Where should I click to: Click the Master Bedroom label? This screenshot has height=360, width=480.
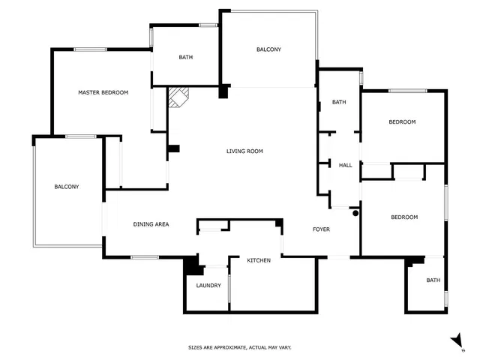click(x=103, y=92)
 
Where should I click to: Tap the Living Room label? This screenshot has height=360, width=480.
click(x=244, y=151)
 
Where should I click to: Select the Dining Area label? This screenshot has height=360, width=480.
click(x=151, y=224)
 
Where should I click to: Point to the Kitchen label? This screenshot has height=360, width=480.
click(x=259, y=260)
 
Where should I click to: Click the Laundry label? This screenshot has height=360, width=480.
click(x=208, y=286)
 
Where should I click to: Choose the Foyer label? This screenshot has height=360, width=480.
click(x=321, y=229)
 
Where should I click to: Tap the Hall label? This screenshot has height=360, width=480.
click(x=345, y=165)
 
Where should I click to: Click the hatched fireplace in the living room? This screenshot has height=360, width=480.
click(x=178, y=97)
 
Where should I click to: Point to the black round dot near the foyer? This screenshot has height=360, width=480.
click(x=355, y=213)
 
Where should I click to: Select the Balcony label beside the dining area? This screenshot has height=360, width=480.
click(x=67, y=187)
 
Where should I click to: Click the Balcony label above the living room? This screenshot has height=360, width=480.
click(x=268, y=49)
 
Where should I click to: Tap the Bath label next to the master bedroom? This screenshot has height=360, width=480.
click(x=186, y=57)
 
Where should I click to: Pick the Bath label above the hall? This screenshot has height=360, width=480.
click(x=339, y=102)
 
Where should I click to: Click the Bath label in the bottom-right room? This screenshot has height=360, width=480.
click(x=433, y=280)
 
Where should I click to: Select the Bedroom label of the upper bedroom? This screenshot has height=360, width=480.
click(x=402, y=121)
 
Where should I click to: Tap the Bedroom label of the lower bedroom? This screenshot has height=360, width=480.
click(x=404, y=217)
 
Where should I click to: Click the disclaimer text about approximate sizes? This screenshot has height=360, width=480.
click(x=240, y=347)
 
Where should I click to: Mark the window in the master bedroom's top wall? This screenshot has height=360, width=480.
click(x=90, y=49)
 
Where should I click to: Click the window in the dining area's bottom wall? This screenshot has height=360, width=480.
click(x=145, y=257)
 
